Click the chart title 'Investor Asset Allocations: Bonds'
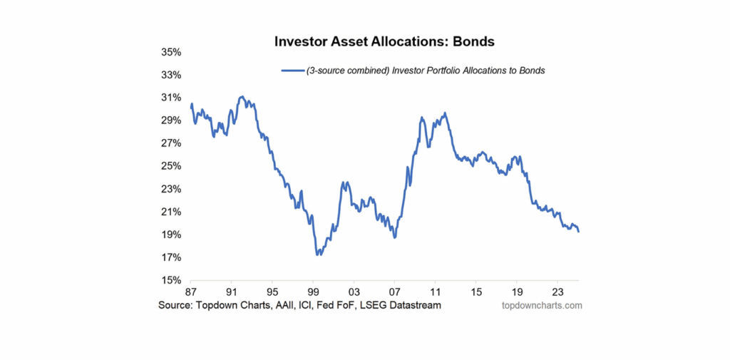384,41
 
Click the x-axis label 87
190,292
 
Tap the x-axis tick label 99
313,292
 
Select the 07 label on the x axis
394,292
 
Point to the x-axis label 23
558,292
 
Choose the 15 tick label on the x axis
476,292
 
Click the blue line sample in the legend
293,71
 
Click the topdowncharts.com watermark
542,305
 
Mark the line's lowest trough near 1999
317,254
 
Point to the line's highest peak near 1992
242,96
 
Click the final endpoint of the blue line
579,232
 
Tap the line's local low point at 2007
394,237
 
